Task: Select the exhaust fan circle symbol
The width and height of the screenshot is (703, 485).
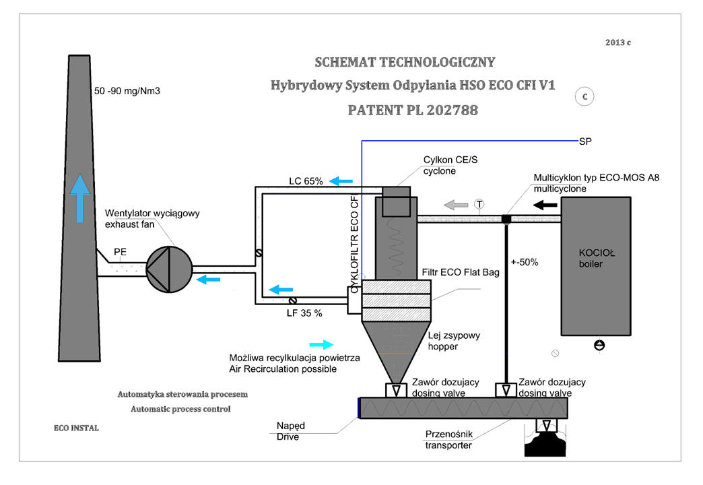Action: tap(164, 268)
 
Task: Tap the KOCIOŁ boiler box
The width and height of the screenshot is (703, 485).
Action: tap(596, 265)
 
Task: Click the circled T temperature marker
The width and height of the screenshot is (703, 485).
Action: tap(479, 203)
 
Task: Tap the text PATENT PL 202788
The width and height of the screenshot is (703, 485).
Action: tap(413, 109)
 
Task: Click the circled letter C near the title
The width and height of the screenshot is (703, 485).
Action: tap(584, 97)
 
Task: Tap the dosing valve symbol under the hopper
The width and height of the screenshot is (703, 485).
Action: tap(395, 390)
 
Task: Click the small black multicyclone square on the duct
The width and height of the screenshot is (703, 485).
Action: tap(506, 218)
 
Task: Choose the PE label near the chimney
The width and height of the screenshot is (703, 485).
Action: tap(120, 252)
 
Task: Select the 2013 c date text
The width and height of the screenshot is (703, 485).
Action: tap(617, 42)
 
